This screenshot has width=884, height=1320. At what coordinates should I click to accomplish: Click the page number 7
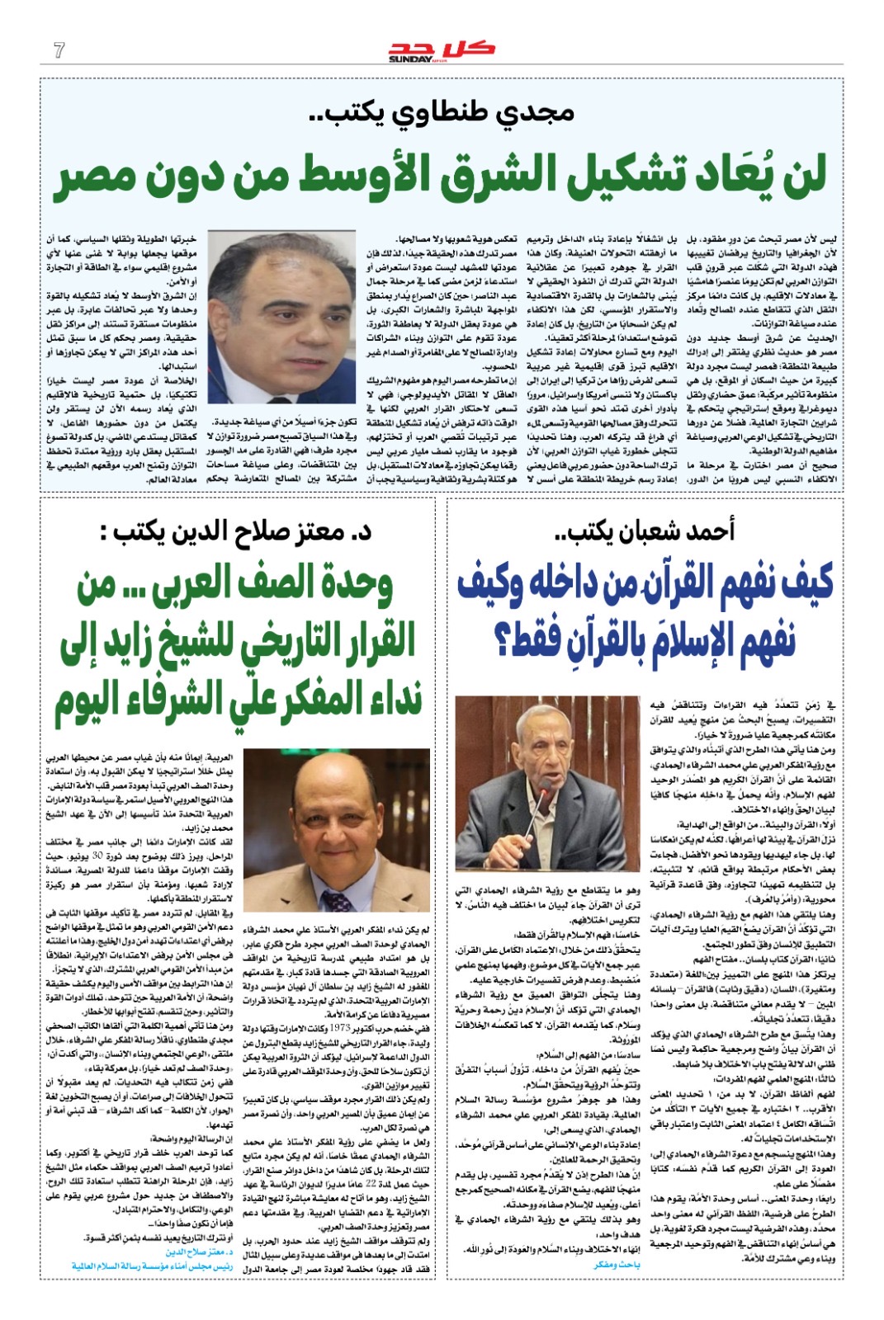59,50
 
